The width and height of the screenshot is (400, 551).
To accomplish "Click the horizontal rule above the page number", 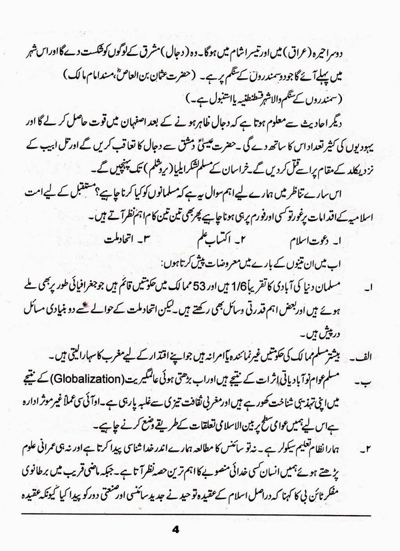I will click(200, 513).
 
